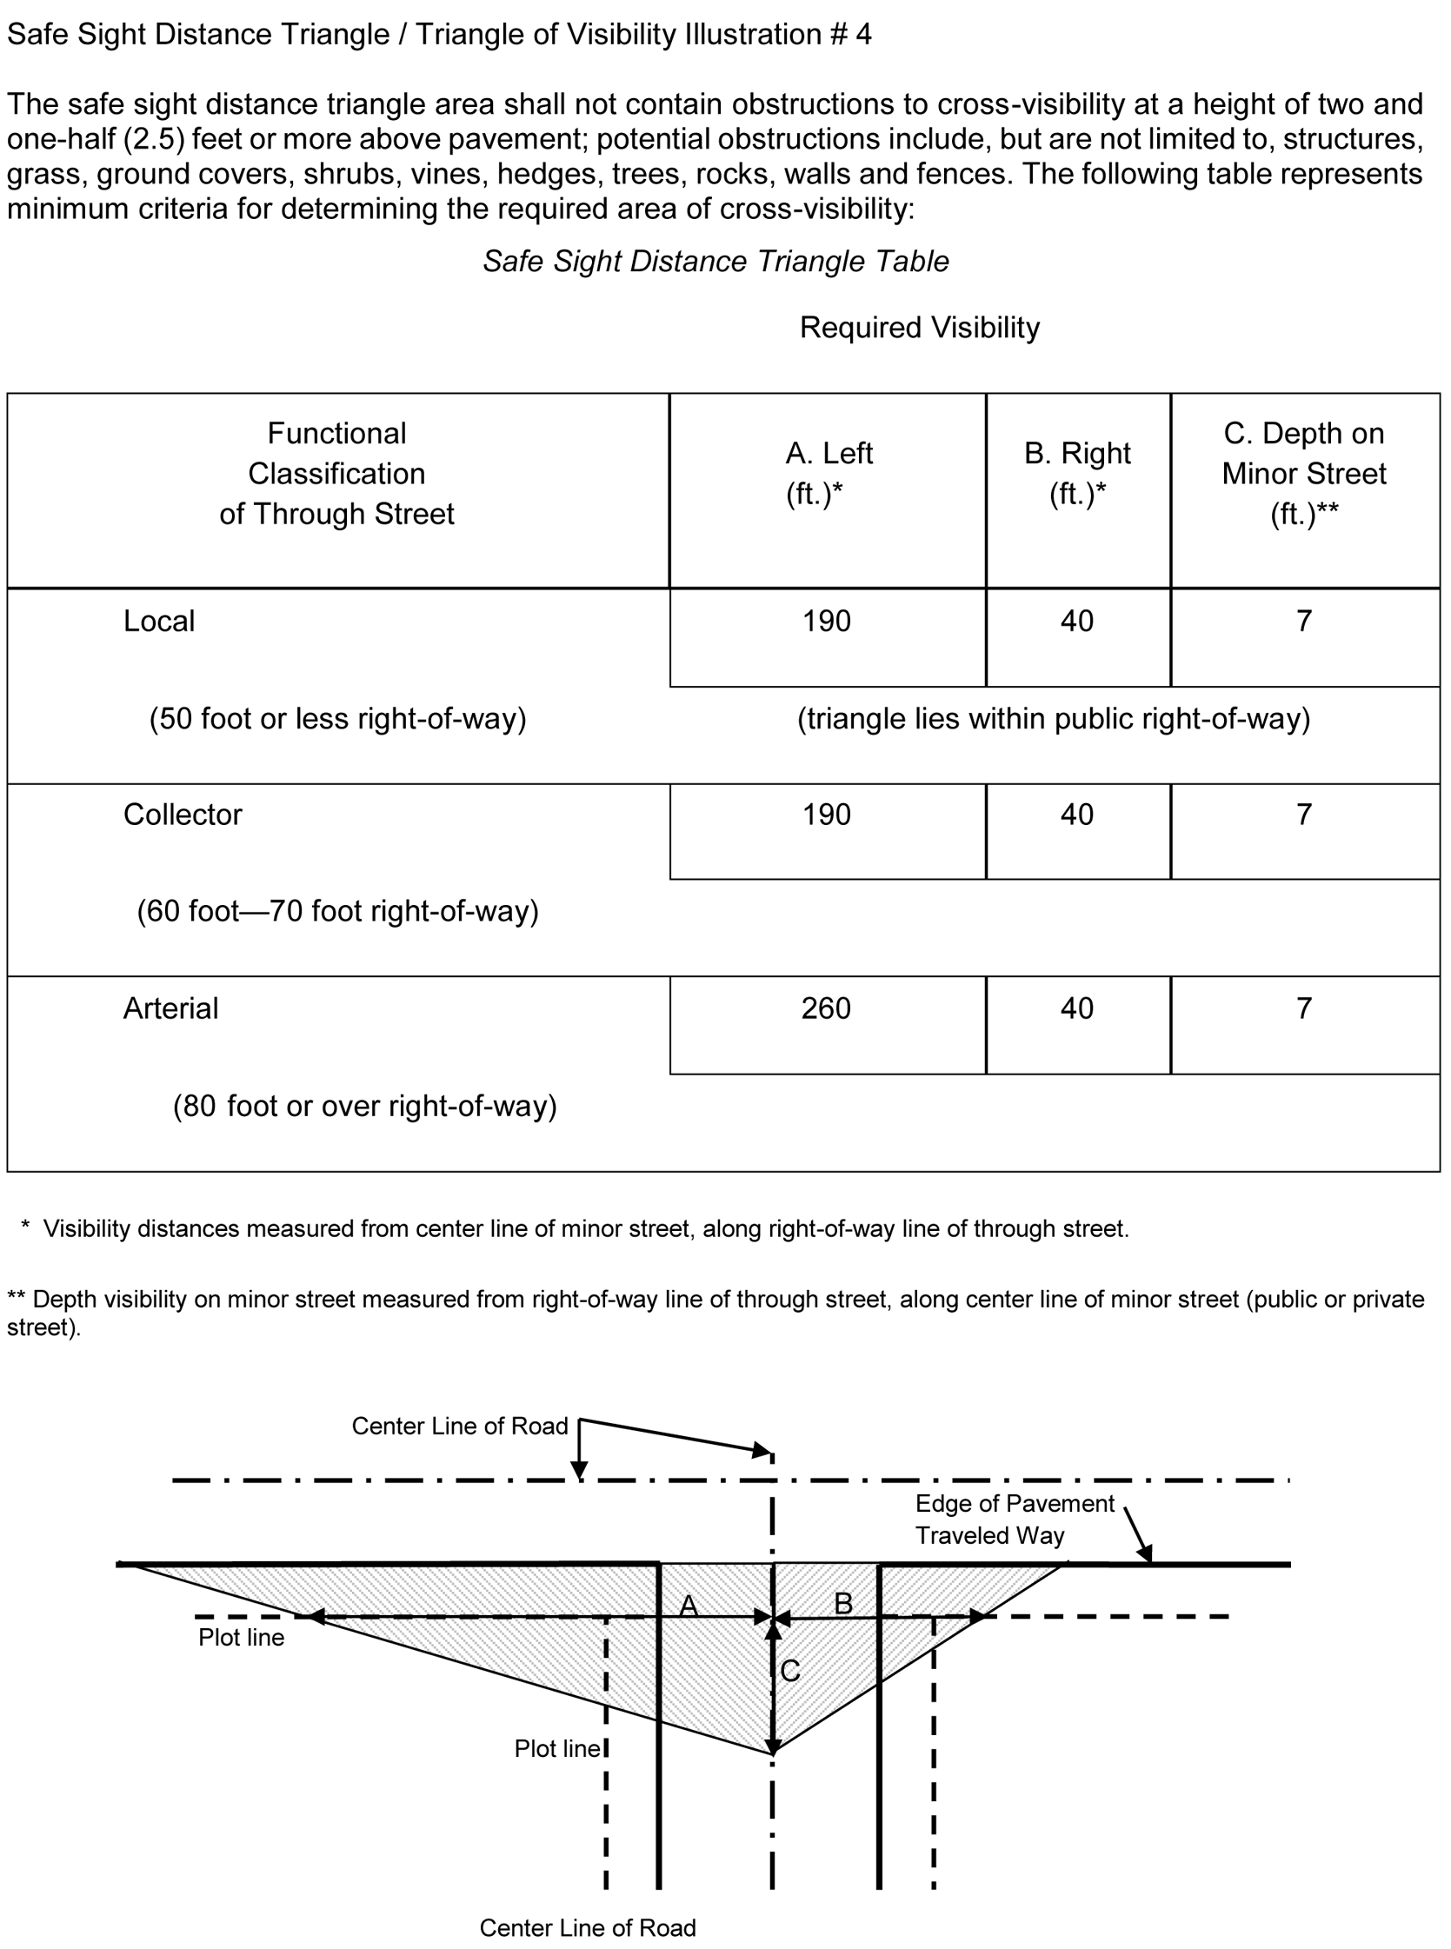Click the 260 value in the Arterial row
(x=826, y=1008)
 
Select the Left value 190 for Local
(x=826, y=622)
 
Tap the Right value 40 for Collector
(x=1077, y=815)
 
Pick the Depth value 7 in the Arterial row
(x=1304, y=1008)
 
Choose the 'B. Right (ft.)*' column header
(x=1077, y=474)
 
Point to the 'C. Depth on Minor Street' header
(x=1303, y=474)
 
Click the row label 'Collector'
(x=183, y=815)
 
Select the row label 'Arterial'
(x=170, y=1008)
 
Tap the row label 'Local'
(x=159, y=622)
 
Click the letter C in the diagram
(x=789, y=1672)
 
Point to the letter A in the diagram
(x=689, y=1606)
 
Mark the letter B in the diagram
(x=843, y=1604)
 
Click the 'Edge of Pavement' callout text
(x=1015, y=1504)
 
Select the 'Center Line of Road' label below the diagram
(x=588, y=1928)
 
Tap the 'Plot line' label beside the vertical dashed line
(x=557, y=1749)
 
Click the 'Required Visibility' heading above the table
(x=919, y=328)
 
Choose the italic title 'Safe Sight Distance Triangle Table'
(x=716, y=262)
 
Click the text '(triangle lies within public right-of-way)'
(x=1053, y=719)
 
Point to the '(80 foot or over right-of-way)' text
(x=364, y=1106)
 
